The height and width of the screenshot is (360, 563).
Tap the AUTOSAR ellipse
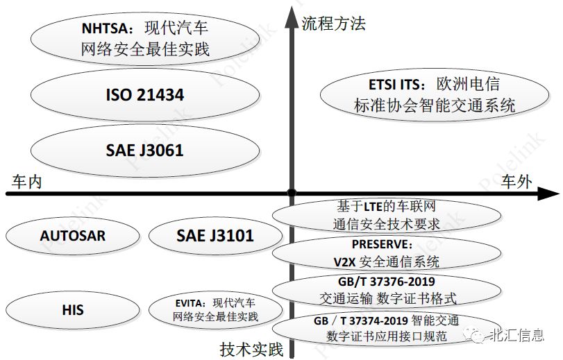(72, 236)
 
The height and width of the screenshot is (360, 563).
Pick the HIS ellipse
(72, 309)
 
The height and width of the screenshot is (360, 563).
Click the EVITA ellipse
(215, 310)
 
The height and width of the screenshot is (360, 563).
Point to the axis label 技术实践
(251, 349)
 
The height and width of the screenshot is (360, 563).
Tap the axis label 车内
(27, 182)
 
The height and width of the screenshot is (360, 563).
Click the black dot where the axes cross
(292, 193)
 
